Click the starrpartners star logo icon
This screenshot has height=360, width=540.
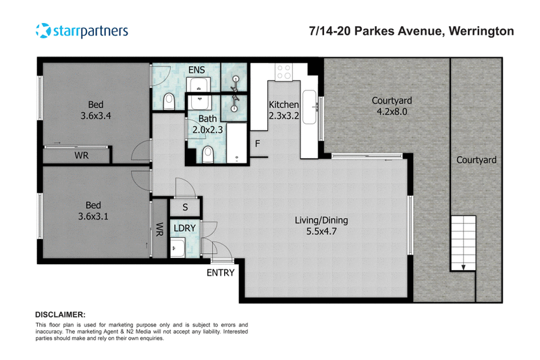[43, 30]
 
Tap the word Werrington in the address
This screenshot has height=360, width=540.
[481, 31]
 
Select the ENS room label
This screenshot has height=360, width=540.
[196, 70]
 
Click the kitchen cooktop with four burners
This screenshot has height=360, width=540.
[283, 72]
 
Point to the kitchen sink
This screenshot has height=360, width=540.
[309, 107]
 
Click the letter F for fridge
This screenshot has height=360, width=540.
[258, 144]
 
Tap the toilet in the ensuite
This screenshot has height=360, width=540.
[169, 101]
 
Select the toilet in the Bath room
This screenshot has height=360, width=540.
[208, 155]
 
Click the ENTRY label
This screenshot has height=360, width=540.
[221, 273]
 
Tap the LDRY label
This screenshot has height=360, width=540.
[184, 228]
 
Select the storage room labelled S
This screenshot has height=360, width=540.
[185, 207]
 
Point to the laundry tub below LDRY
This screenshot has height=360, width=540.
[178, 247]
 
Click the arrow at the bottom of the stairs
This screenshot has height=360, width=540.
[464, 266]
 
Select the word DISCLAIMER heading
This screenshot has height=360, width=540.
[60, 315]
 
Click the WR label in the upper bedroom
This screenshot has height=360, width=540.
[82, 155]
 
